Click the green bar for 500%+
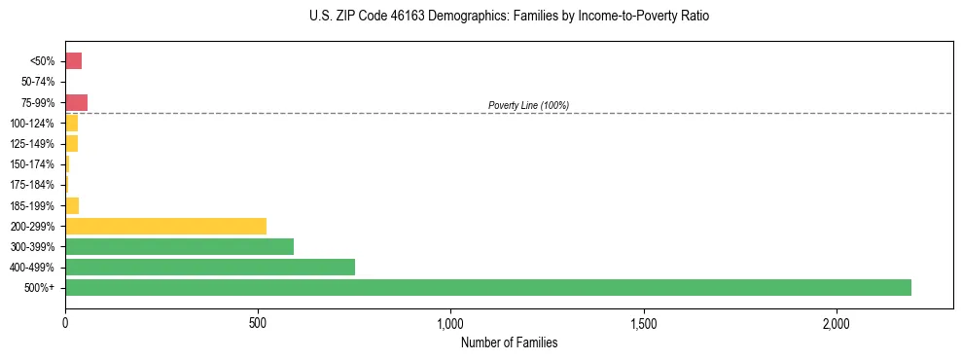click(x=487, y=288)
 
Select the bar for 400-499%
click(x=210, y=268)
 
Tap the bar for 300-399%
click(x=179, y=247)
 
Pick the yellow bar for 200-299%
click(x=165, y=227)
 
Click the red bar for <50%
click(x=73, y=61)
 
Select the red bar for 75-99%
click(x=76, y=102)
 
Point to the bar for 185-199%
click(x=72, y=205)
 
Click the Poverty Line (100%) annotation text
click(x=528, y=105)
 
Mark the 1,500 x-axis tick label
click(x=644, y=323)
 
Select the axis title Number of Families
click(x=509, y=342)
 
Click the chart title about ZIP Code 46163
click(x=509, y=17)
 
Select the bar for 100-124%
click(x=71, y=124)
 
